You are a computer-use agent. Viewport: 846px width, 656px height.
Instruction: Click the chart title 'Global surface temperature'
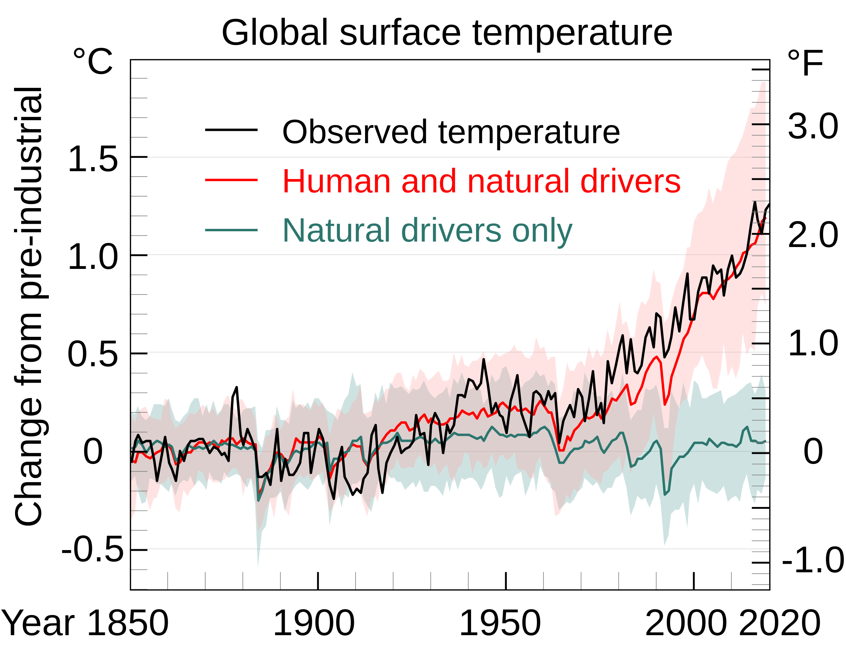click(447, 33)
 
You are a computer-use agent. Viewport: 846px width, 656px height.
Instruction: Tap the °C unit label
click(93, 61)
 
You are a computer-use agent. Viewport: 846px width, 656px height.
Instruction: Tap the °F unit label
click(805, 64)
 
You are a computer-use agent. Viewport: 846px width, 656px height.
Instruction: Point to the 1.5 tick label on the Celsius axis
click(93, 159)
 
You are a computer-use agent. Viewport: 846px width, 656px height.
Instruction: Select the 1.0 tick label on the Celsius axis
click(93, 257)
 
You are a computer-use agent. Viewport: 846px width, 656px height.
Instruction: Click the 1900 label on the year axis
click(314, 624)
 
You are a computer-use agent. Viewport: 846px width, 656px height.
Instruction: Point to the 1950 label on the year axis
click(500, 624)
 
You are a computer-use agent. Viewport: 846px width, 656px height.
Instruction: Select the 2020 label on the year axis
click(780, 624)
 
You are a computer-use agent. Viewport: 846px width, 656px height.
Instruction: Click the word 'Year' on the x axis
click(38, 624)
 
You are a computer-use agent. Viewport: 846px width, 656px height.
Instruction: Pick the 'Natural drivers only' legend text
click(427, 231)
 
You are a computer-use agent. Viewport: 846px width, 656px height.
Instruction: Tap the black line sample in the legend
click(231, 130)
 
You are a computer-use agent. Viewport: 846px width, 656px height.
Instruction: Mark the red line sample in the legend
click(231, 180)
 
